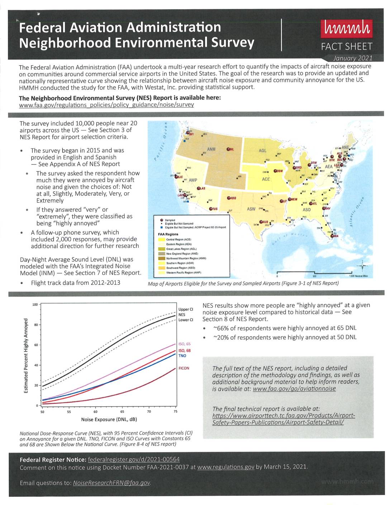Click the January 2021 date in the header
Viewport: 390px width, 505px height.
coord(353,58)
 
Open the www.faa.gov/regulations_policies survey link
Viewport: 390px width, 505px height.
coord(106,105)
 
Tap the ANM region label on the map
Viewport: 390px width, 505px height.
coord(211,149)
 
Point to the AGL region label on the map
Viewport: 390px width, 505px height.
coord(262,151)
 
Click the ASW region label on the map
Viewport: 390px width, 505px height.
coord(251,209)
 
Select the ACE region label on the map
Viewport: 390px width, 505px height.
coord(266,179)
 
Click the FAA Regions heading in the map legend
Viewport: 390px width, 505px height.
coord(168,234)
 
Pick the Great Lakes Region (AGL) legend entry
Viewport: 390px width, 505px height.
coord(181,249)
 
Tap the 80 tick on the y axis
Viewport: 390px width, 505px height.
coord(36,325)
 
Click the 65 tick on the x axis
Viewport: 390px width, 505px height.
coord(122,412)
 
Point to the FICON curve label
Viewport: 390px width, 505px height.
coord(184,368)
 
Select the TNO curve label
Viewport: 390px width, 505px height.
coord(182,356)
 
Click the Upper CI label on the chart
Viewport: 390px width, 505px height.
coord(186,309)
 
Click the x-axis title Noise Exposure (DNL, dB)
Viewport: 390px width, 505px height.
coord(109,419)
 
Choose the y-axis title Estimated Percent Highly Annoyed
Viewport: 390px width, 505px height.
coord(26,355)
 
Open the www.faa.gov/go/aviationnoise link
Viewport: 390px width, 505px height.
coord(294,388)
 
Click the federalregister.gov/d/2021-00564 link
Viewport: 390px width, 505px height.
coord(134,459)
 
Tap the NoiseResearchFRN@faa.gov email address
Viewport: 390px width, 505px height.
coord(111,483)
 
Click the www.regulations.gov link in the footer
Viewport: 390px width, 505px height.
coord(225,467)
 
